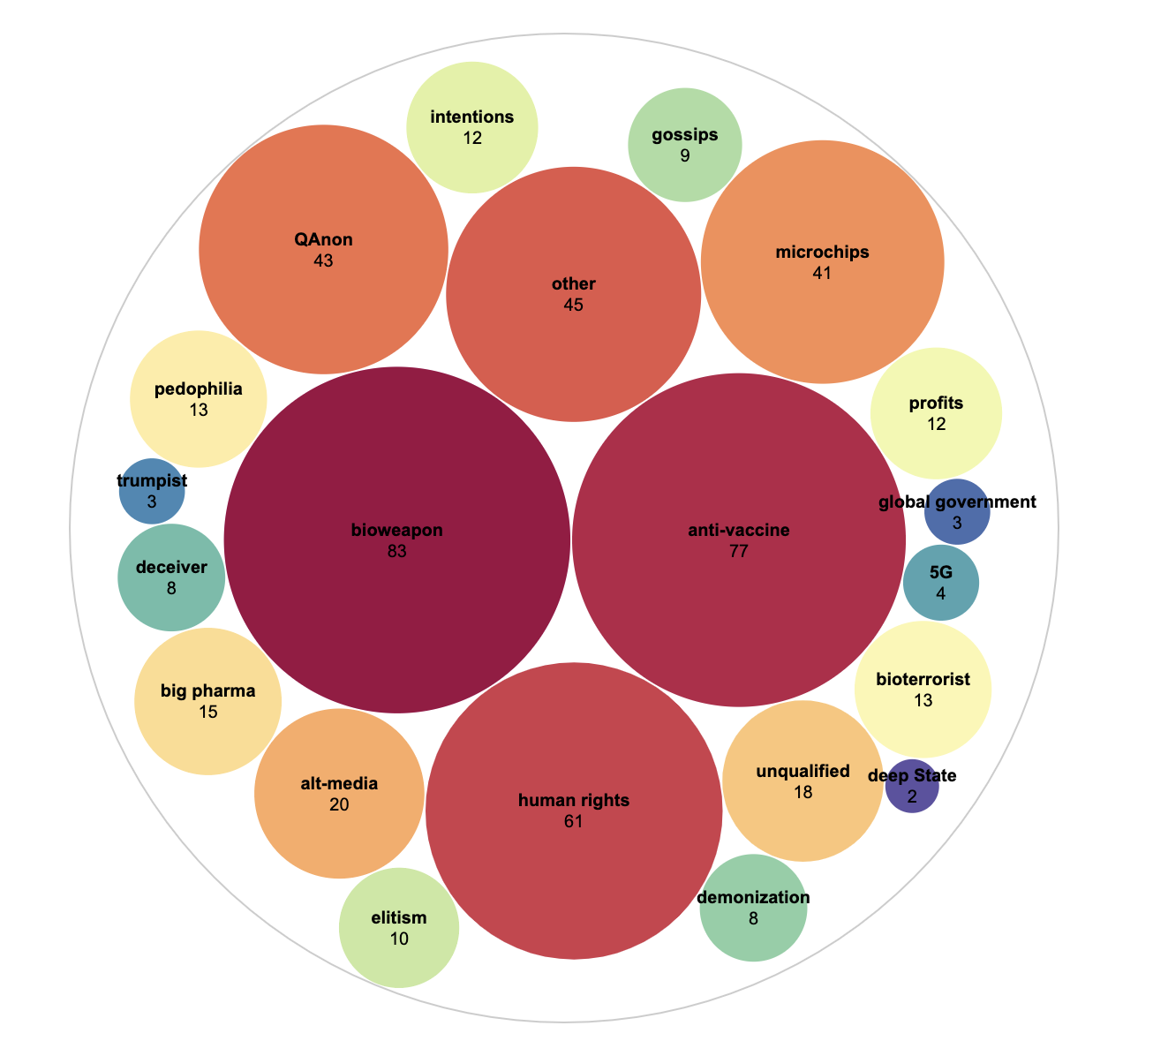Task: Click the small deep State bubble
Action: pyautogui.click(x=912, y=786)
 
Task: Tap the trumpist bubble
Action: pyautogui.click(x=152, y=492)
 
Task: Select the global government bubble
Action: pyautogui.click(x=957, y=511)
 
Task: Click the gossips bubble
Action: pyautogui.click(x=685, y=145)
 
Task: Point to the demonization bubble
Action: pyautogui.click(x=753, y=908)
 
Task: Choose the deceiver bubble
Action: pyautogui.click(x=171, y=577)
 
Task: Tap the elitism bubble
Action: pyautogui.click(x=399, y=928)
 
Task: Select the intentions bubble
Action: pyautogui.click(x=472, y=127)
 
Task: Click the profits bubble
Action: pyautogui.click(x=936, y=413)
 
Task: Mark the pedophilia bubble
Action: pyautogui.click(x=199, y=399)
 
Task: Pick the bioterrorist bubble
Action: pyautogui.click(x=923, y=690)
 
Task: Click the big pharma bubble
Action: pyautogui.click(x=207, y=701)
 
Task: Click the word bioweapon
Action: pyautogui.click(x=396, y=531)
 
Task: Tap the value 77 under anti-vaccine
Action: pyautogui.click(x=739, y=552)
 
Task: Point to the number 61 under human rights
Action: pyautogui.click(x=574, y=822)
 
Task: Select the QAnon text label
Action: pyautogui.click(x=323, y=239)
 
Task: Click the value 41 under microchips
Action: pyautogui.click(x=822, y=273)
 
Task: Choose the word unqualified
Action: pyautogui.click(x=803, y=771)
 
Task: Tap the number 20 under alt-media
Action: pyautogui.click(x=339, y=804)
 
